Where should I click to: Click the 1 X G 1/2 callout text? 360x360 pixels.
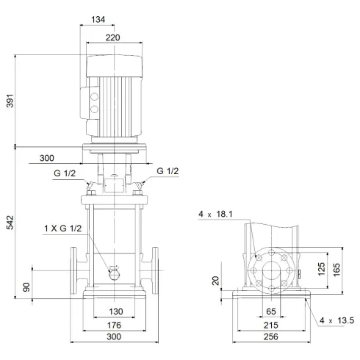[64, 228]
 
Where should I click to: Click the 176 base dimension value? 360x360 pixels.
[112, 324]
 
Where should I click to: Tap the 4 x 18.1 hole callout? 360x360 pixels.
[215, 215]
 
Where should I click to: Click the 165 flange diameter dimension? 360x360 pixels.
[337, 269]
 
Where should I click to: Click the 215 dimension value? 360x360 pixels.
[270, 324]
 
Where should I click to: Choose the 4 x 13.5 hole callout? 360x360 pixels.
[337, 320]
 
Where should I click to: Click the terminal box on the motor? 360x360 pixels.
[94, 101]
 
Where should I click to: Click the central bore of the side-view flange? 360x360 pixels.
[271, 269]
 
